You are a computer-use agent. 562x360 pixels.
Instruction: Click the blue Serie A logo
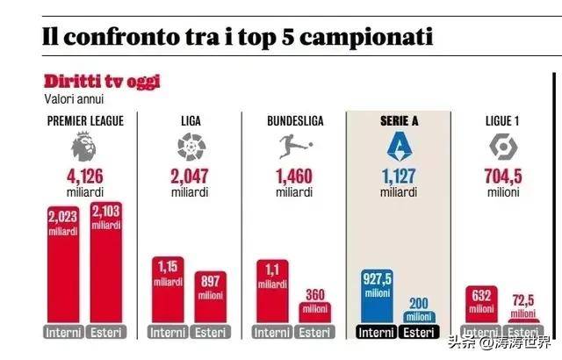point(398,143)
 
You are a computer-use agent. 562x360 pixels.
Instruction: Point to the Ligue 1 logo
point(501,143)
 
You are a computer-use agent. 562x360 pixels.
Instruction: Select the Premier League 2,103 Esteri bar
point(105,263)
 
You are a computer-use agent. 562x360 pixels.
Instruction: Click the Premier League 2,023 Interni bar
point(62,263)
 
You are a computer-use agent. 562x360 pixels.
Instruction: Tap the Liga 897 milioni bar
point(211,299)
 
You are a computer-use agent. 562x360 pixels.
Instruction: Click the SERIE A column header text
point(398,120)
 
